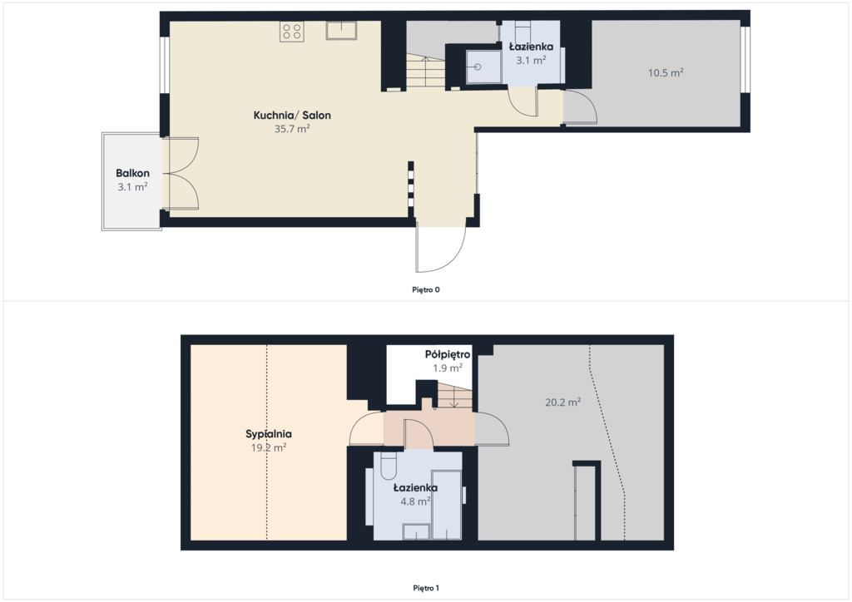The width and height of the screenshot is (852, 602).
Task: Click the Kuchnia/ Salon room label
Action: click(292, 115)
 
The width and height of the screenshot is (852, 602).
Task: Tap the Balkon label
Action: click(132, 173)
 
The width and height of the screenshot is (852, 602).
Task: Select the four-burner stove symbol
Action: click(292, 32)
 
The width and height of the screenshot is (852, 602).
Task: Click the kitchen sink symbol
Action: click(341, 31)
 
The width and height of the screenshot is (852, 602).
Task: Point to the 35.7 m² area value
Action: click(292, 129)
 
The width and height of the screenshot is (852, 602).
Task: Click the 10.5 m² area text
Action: click(666, 72)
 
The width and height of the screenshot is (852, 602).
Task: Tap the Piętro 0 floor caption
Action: click(426, 290)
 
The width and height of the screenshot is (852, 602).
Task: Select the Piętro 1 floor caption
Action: click(426, 588)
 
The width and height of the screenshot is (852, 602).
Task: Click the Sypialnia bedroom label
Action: click(269, 434)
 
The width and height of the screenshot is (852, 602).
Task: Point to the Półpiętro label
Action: click(448, 354)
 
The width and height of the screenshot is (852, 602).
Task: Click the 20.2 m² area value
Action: click(563, 402)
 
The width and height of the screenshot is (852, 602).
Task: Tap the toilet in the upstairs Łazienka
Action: click(389, 466)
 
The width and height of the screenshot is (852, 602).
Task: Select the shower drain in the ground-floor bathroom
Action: click(478, 67)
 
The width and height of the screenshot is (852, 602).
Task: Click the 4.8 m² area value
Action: click(415, 501)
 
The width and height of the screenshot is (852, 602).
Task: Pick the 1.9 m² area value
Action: click(448, 368)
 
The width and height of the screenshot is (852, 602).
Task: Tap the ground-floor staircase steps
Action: click(426, 71)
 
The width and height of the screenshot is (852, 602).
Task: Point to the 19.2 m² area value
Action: click(269, 448)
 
